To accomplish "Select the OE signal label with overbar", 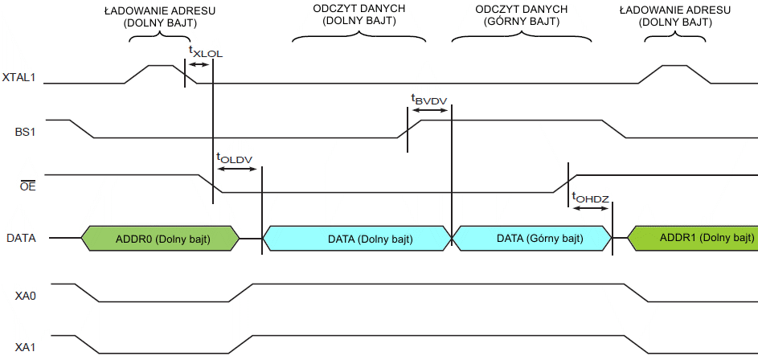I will pos(27,187).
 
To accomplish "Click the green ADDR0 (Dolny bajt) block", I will pos(160,239).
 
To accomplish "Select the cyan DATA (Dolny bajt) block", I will pos(359,239).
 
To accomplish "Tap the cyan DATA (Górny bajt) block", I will pos(531,239).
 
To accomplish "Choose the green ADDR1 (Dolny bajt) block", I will pos(692,239).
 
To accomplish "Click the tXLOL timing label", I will pos(205,51).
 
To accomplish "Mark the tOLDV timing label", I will pos(234,158).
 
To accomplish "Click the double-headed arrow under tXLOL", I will pos(199,64).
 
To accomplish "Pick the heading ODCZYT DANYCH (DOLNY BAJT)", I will pos(359,15).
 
